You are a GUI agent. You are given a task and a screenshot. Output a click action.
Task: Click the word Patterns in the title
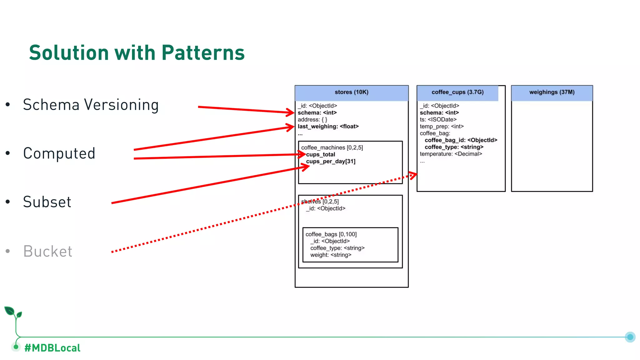pyautogui.click(x=203, y=52)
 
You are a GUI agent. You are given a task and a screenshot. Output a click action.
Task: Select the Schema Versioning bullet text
pyautogui.click(x=91, y=105)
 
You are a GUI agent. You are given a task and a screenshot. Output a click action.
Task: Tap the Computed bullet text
pyautogui.click(x=59, y=153)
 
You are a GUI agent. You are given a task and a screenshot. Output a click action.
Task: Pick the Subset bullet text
pyautogui.click(x=47, y=202)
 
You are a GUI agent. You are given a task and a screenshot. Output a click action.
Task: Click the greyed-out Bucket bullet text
pyautogui.click(x=48, y=252)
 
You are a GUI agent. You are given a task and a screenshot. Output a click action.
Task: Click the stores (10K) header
pyautogui.click(x=351, y=92)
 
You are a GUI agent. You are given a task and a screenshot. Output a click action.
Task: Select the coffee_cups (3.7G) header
pyautogui.click(x=457, y=92)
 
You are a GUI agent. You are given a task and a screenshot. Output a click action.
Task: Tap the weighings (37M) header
pyautogui.click(x=552, y=92)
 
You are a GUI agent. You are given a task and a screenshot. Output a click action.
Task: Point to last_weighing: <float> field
pyautogui.click(x=328, y=127)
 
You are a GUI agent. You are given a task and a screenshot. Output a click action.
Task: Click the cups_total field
pyautogui.click(x=321, y=155)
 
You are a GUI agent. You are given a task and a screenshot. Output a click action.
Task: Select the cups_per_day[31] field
pyautogui.click(x=331, y=162)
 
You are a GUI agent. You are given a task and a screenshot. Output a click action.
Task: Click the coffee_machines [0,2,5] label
pyautogui.click(x=332, y=147)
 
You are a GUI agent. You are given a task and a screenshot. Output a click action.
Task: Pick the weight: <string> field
pyautogui.click(x=331, y=255)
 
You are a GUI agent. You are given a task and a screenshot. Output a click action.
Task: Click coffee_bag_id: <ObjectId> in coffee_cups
pyautogui.click(x=461, y=140)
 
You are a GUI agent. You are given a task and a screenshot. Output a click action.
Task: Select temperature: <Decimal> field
pyautogui.click(x=451, y=154)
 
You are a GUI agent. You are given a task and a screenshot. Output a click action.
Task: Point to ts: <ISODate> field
pyautogui.click(x=438, y=120)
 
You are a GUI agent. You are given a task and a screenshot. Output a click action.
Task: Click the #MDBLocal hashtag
pyautogui.click(x=52, y=348)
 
